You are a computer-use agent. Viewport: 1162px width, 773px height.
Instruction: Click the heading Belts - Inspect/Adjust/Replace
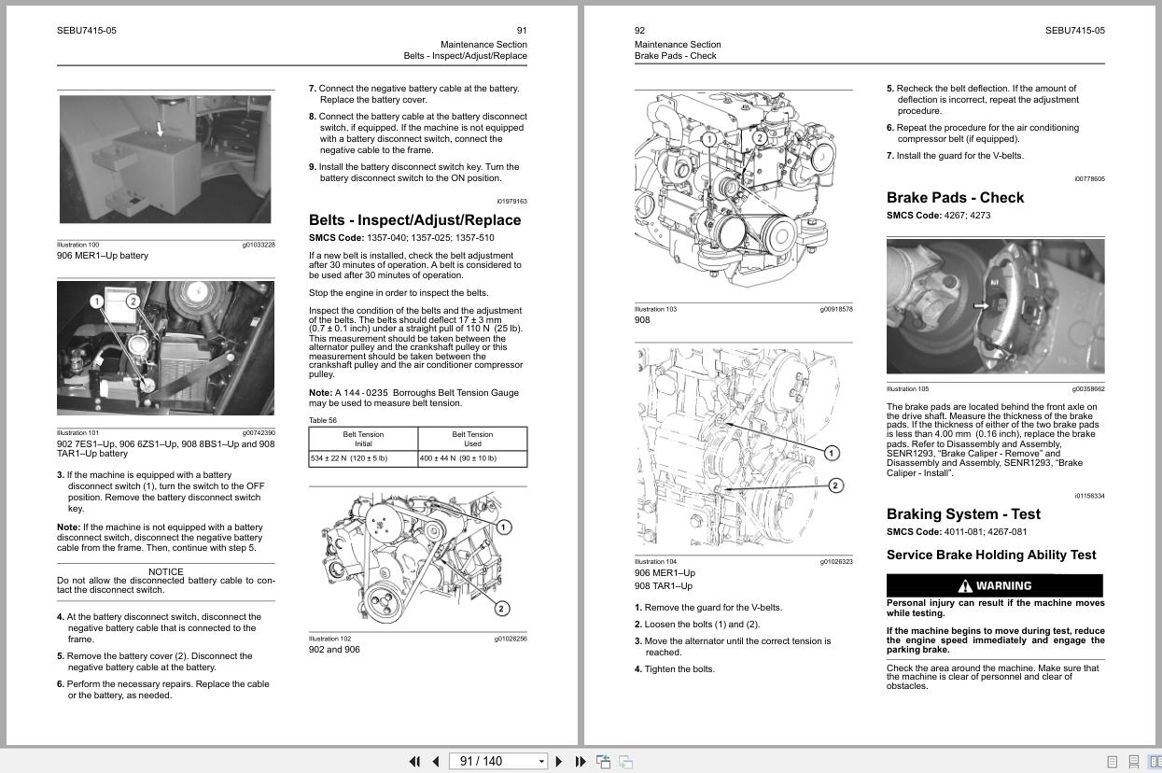click(414, 220)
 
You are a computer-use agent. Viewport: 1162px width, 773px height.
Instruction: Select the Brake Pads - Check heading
click(955, 198)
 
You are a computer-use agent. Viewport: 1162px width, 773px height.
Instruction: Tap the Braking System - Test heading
click(963, 514)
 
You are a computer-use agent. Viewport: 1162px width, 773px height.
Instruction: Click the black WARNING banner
click(994, 585)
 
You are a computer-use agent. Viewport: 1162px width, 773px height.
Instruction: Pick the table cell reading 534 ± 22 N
click(349, 458)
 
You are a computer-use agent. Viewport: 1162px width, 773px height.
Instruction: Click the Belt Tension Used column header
click(472, 439)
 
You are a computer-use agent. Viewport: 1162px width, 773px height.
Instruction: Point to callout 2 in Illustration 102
click(501, 609)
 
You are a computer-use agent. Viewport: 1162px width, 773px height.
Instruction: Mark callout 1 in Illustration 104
click(831, 453)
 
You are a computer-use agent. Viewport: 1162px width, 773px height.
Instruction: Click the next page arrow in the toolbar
click(559, 761)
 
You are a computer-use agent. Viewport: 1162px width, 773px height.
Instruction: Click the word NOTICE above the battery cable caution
click(166, 571)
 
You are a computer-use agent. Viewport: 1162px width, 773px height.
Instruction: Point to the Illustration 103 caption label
click(654, 309)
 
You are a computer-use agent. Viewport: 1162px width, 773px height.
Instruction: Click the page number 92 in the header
click(639, 31)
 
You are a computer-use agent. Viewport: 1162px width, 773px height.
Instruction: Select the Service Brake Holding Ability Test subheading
click(991, 555)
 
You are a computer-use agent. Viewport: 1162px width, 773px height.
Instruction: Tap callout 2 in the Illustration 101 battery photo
click(133, 301)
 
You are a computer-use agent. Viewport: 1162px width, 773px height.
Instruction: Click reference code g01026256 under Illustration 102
click(510, 639)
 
